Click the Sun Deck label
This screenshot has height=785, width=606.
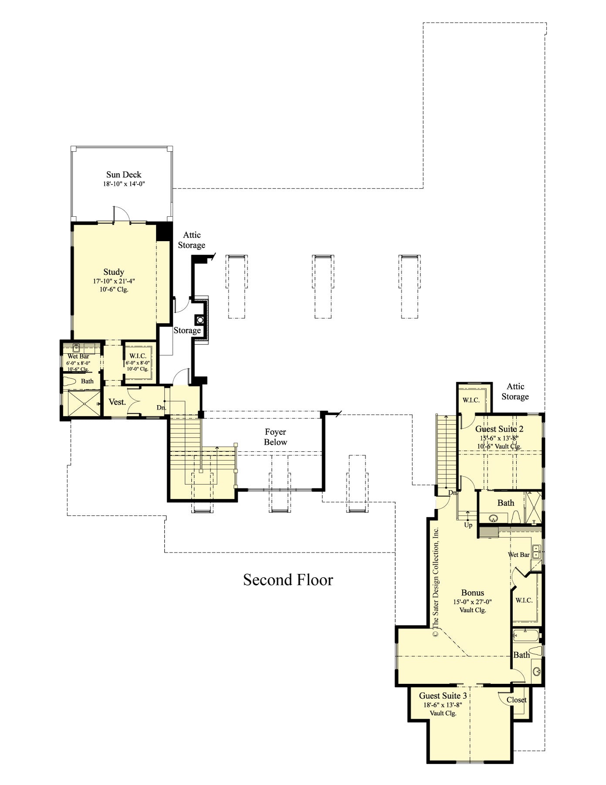pos(124,175)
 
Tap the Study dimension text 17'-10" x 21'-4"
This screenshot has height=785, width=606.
pos(117,281)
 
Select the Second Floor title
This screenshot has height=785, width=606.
pos(288,580)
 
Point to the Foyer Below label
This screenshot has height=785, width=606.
pos(275,437)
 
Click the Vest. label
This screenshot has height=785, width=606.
pos(117,402)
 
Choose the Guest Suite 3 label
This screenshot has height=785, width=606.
pos(443,696)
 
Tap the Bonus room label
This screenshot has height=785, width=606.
pos(473,593)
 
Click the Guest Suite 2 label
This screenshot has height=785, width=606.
pos(499,429)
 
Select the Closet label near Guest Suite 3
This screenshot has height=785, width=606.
pos(517,700)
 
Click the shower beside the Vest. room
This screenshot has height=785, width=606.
pos(81,404)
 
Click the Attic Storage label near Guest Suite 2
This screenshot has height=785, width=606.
pos(515,391)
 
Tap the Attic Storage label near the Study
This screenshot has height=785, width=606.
pos(191,240)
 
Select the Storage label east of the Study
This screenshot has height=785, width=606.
pos(187,330)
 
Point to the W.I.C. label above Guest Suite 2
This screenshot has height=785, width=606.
pos(471,400)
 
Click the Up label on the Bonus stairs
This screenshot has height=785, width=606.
pos(468,525)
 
